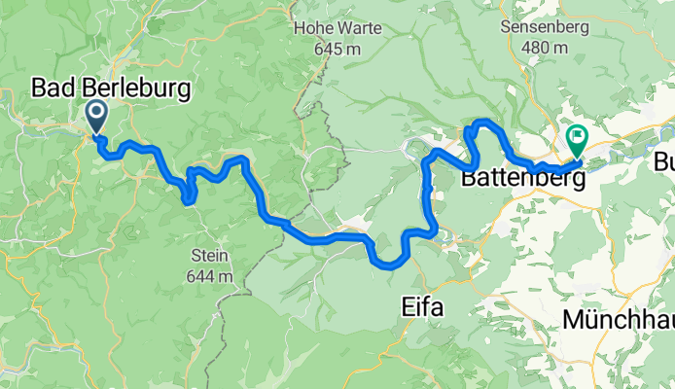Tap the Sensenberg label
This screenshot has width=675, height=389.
click(544, 27)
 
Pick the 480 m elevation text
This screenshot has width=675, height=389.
click(544, 48)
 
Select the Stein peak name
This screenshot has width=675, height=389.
click(211, 257)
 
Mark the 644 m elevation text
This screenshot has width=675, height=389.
click(211, 276)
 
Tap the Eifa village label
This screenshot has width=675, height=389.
click(422, 308)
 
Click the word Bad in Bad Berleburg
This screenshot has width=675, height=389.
click(52, 89)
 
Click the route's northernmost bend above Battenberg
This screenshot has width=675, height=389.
click(484, 122)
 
